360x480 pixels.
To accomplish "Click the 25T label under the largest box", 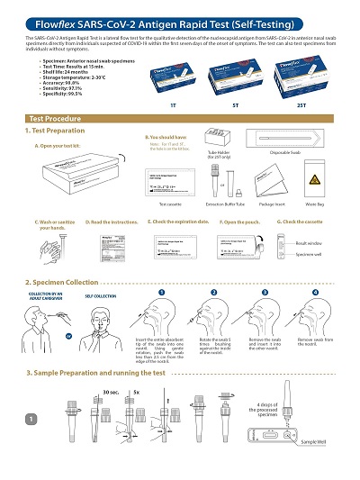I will pos(304,104).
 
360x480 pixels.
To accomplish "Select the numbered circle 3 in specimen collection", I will pos(265,293).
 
